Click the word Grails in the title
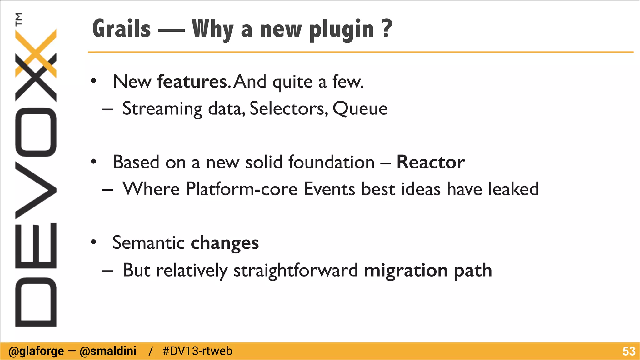(122, 29)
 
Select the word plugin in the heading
(342, 30)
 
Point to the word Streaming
(162, 109)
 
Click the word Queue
(360, 109)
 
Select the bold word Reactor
(431, 162)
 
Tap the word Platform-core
(241, 189)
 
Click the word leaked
(513, 189)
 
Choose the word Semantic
(148, 243)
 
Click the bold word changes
(225, 243)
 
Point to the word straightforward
(296, 270)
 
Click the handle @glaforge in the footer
(36, 351)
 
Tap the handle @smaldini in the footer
(108, 351)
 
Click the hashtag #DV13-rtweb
(197, 351)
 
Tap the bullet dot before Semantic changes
(93, 242)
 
